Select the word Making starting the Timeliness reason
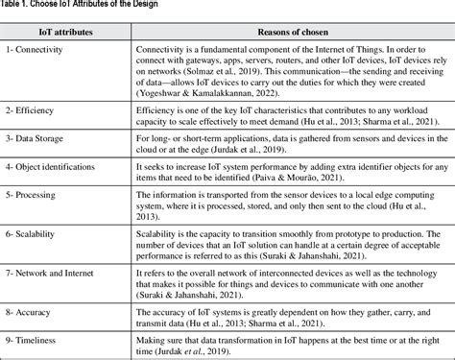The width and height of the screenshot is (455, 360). pyautogui.click(x=156, y=341)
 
